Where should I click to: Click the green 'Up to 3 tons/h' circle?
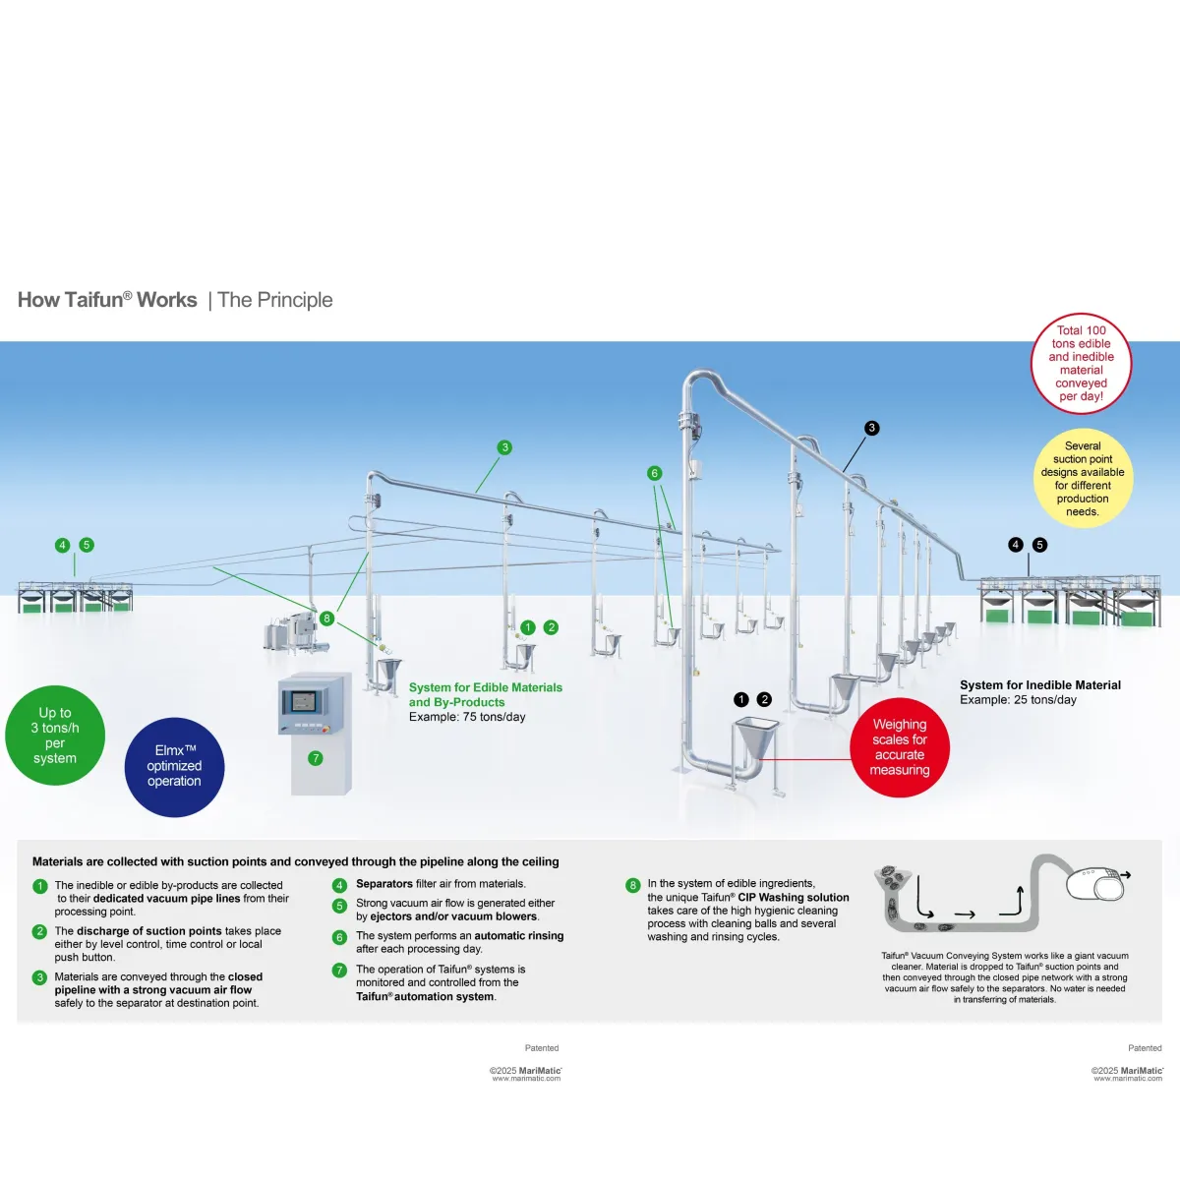tap(55, 736)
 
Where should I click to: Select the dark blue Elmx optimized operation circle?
tap(174, 767)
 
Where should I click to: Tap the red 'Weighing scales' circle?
tap(900, 747)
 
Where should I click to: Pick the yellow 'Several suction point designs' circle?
tap(1083, 479)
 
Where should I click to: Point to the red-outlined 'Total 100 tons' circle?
tap(1082, 363)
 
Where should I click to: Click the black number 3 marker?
tap(871, 428)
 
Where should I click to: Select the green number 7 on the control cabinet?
tap(316, 758)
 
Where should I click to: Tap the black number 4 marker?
tap(1016, 545)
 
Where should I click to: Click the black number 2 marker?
tap(765, 699)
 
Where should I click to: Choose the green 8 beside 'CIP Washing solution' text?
tap(633, 885)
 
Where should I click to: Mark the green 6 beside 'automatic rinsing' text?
tap(339, 937)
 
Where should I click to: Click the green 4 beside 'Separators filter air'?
tap(339, 885)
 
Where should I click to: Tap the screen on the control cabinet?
tap(302, 702)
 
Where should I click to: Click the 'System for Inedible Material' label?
tap(1040, 685)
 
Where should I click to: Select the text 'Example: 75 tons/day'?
tap(467, 717)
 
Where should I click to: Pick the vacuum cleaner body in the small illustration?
tap(1095, 885)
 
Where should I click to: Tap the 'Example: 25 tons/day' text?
tap(1018, 700)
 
